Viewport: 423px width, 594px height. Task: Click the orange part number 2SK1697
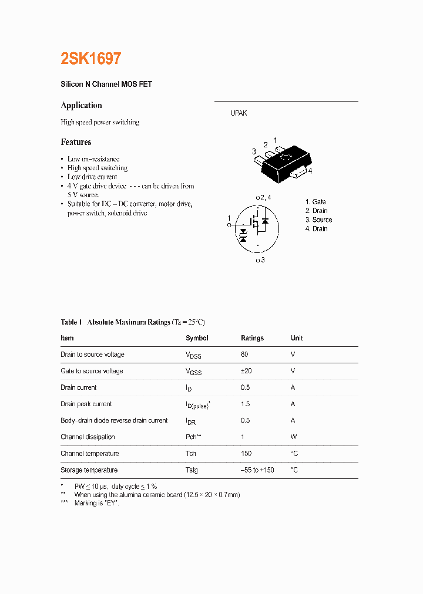pos(91,59)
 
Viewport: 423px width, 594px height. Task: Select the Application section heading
pos(81,106)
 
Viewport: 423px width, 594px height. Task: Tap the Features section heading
pos(76,142)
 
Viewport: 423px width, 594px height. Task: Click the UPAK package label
pos(239,113)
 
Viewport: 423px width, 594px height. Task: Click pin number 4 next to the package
pos(310,171)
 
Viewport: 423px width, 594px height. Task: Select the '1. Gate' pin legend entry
pos(315,202)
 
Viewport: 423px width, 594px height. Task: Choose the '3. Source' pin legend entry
pos(318,220)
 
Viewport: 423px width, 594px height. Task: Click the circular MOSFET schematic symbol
pos(257,228)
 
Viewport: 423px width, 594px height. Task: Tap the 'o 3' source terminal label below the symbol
pos(260,260)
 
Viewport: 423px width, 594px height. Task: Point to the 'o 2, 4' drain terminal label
pos(263,197)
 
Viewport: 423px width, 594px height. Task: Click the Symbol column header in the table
pos(197,338)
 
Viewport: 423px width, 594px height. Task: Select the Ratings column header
pos(252,338)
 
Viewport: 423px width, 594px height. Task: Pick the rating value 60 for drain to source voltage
pos(245,355)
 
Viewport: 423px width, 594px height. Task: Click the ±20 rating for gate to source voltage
pos(247,371)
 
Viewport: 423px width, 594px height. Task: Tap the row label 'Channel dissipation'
pos(88,437)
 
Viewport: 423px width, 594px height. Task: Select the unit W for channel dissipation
pos(294,437)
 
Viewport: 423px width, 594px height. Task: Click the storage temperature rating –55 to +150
pos(257,470)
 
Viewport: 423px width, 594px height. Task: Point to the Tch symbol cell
pos(191,454)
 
